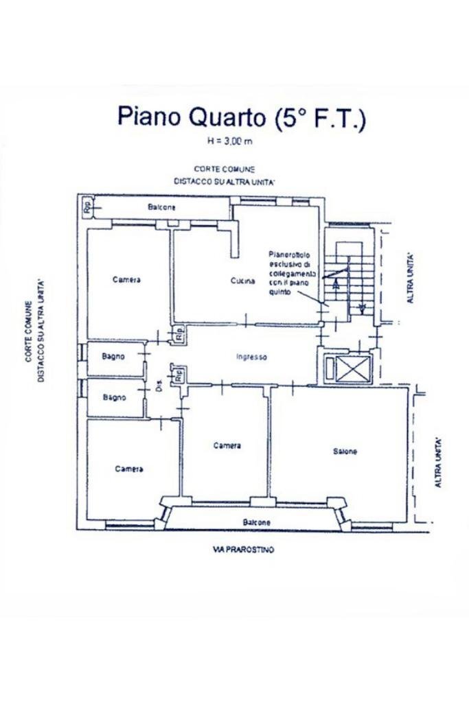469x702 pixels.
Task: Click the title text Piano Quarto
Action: [191, 116]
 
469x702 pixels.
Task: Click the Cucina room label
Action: [242, 281]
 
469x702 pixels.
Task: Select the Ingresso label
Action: [251, 357]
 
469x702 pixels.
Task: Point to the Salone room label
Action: [345, 451]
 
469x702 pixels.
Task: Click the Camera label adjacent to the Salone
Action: [227, 445]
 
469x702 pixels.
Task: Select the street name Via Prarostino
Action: [244, 550]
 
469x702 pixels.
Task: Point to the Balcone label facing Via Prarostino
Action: [257, 522]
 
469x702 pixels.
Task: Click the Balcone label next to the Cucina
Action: [161, 207]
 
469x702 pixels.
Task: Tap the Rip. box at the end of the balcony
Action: [87, 207]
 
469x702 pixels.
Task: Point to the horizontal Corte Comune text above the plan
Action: [225, 169]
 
